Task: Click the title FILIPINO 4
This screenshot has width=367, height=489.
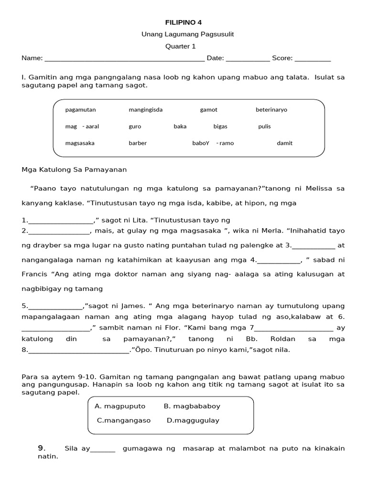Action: pos(180,22)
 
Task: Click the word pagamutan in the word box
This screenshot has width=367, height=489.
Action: pos(80,110)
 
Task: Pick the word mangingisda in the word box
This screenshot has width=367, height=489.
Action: pos(145,110)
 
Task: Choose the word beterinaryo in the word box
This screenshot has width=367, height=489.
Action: pos(271,110)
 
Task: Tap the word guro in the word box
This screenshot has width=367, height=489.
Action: pos(135,127)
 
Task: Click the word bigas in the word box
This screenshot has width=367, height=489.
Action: pos(220,127)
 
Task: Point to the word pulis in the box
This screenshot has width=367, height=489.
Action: pos(264,127)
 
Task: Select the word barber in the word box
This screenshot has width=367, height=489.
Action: pos(138,143)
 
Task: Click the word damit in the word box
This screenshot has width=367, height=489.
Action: pos(284,143)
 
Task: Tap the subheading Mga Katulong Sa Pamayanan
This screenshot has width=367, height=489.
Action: pos(74,170)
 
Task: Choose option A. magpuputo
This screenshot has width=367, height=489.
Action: pos(120,406)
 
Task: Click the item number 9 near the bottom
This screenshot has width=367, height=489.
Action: pos(42,448)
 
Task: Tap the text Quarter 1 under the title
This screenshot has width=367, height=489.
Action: pos(180,46)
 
